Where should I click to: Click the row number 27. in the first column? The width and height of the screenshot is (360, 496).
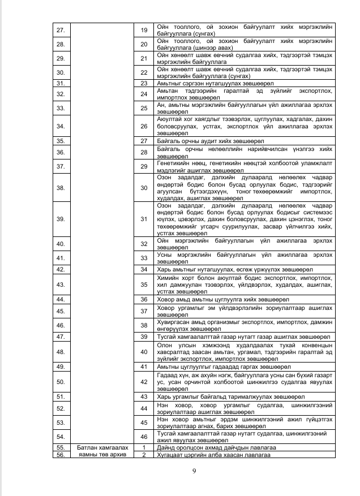[x=61, y=29]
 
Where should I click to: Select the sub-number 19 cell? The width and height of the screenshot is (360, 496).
[x=143, y=29]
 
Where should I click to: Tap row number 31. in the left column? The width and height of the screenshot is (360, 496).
[x=61, y=83]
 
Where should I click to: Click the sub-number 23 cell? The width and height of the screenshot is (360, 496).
[x=143, y=83]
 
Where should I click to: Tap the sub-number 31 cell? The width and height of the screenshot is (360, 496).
[x=143, y=219]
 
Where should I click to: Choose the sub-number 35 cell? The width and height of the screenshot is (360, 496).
[x=143, y=284]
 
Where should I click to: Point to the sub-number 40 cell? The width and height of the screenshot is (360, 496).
[x=143, y=352]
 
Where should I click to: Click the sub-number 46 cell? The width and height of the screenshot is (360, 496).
[x=143, y=437]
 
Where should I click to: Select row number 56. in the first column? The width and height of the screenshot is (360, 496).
[x=61, y=454]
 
